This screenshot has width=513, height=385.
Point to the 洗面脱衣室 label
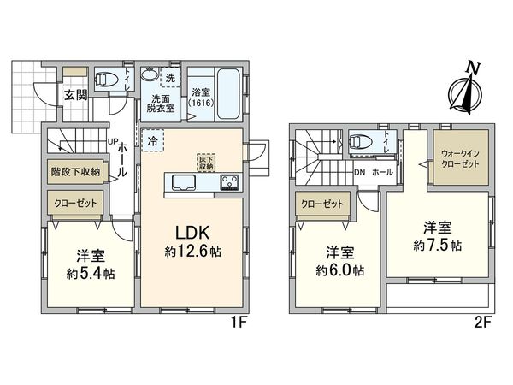(x=162, y=103)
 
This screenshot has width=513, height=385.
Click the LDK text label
(x=194, y=232)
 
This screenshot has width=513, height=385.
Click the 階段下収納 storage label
(x=74, y=171)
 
